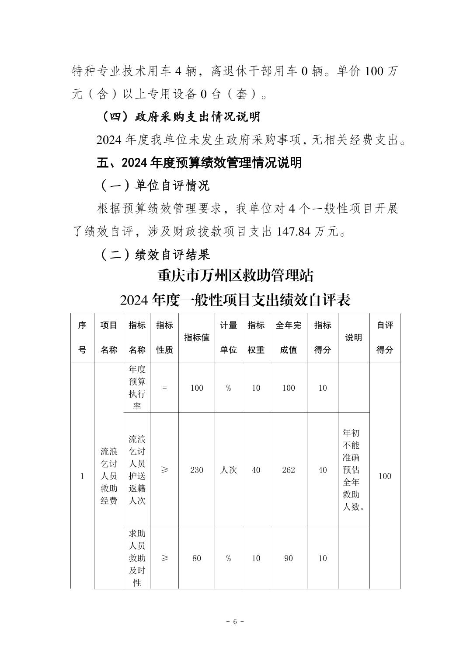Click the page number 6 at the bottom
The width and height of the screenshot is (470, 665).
235,622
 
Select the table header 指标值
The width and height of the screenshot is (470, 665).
196,338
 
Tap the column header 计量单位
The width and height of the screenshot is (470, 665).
228,338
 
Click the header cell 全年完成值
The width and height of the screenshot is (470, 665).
288,338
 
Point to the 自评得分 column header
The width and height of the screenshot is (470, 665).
385,338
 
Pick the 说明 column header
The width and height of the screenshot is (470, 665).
353,338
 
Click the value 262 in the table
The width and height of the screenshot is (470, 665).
288,470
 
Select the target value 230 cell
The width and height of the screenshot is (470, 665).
196,470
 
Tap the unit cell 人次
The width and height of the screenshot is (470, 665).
228,470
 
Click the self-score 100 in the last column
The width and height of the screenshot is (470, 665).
385,476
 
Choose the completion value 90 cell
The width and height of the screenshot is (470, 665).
288,559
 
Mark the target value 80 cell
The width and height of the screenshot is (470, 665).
196,559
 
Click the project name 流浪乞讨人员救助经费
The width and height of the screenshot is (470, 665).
109,476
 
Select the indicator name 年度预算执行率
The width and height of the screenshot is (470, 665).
137,388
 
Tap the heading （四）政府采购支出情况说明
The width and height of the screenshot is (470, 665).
180,117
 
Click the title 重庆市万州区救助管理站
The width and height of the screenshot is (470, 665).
235,276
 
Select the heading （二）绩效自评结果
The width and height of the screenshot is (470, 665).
155,255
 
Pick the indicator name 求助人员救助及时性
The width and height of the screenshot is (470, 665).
137,559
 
